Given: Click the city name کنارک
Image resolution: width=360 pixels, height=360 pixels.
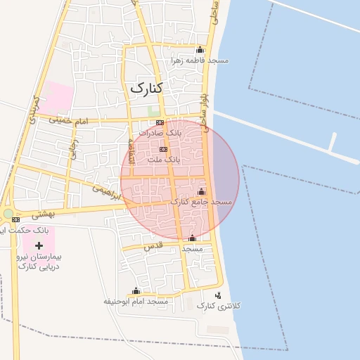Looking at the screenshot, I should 146,88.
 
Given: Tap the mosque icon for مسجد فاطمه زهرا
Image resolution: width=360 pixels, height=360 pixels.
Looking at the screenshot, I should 200,50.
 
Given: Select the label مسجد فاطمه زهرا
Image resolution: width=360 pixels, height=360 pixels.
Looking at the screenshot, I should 200,60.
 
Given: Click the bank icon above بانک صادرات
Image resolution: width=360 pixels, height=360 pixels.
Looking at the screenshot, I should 160,122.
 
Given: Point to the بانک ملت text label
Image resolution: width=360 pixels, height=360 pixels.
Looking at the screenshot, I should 164,160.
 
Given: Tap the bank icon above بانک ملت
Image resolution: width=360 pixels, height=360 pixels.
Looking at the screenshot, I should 164,149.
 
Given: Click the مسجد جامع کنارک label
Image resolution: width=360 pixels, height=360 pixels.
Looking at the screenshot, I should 201,202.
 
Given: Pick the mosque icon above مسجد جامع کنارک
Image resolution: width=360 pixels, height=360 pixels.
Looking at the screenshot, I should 202,191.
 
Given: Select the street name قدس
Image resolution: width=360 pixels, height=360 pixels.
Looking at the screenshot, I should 153,246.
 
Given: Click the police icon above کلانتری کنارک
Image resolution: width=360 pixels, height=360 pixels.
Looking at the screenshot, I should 218,295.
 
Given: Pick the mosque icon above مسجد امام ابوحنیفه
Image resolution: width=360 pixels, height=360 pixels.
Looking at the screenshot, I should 136,290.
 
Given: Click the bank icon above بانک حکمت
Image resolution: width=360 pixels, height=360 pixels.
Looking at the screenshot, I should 15,219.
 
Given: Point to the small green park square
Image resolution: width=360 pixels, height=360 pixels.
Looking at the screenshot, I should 153,111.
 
